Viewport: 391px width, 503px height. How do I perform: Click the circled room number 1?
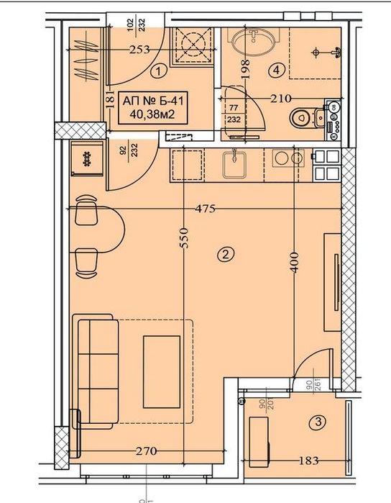[160, 71]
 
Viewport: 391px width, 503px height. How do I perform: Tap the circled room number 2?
[225, 253]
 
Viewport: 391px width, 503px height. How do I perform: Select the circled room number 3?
[316, 423]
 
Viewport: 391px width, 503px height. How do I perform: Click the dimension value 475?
[206, 209]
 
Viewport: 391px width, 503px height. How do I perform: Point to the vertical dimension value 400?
[293, 264]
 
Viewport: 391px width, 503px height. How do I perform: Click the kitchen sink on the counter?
[232, 165]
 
